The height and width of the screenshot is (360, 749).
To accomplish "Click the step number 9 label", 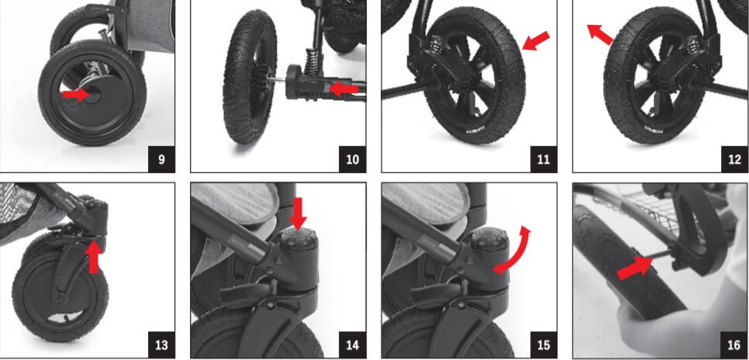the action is pos(161,159).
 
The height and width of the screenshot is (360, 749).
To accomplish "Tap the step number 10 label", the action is pos(353,159).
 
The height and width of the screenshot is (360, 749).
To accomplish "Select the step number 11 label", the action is pos(544,159).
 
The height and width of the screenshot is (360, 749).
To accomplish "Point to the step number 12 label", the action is pos(735,159).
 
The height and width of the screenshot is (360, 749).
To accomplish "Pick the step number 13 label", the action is pos(161,344).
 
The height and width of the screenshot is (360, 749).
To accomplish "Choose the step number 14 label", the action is pos(353,344).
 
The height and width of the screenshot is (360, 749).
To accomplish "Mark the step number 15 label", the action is pos(544,344).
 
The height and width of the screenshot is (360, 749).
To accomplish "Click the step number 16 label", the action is pos(735,344).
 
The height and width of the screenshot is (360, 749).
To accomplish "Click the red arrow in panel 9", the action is pos(76,95).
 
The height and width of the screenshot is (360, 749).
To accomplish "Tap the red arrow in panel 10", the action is pos(344,89).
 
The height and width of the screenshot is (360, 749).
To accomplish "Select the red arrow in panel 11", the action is pos(536,40).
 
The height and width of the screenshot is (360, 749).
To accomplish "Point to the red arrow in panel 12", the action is pos(599,34).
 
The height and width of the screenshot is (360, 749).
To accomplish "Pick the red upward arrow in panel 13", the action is pos(94,256).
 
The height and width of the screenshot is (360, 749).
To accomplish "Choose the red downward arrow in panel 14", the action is pos(299,213).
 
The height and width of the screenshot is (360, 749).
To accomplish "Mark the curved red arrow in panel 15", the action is pos(516,252).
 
